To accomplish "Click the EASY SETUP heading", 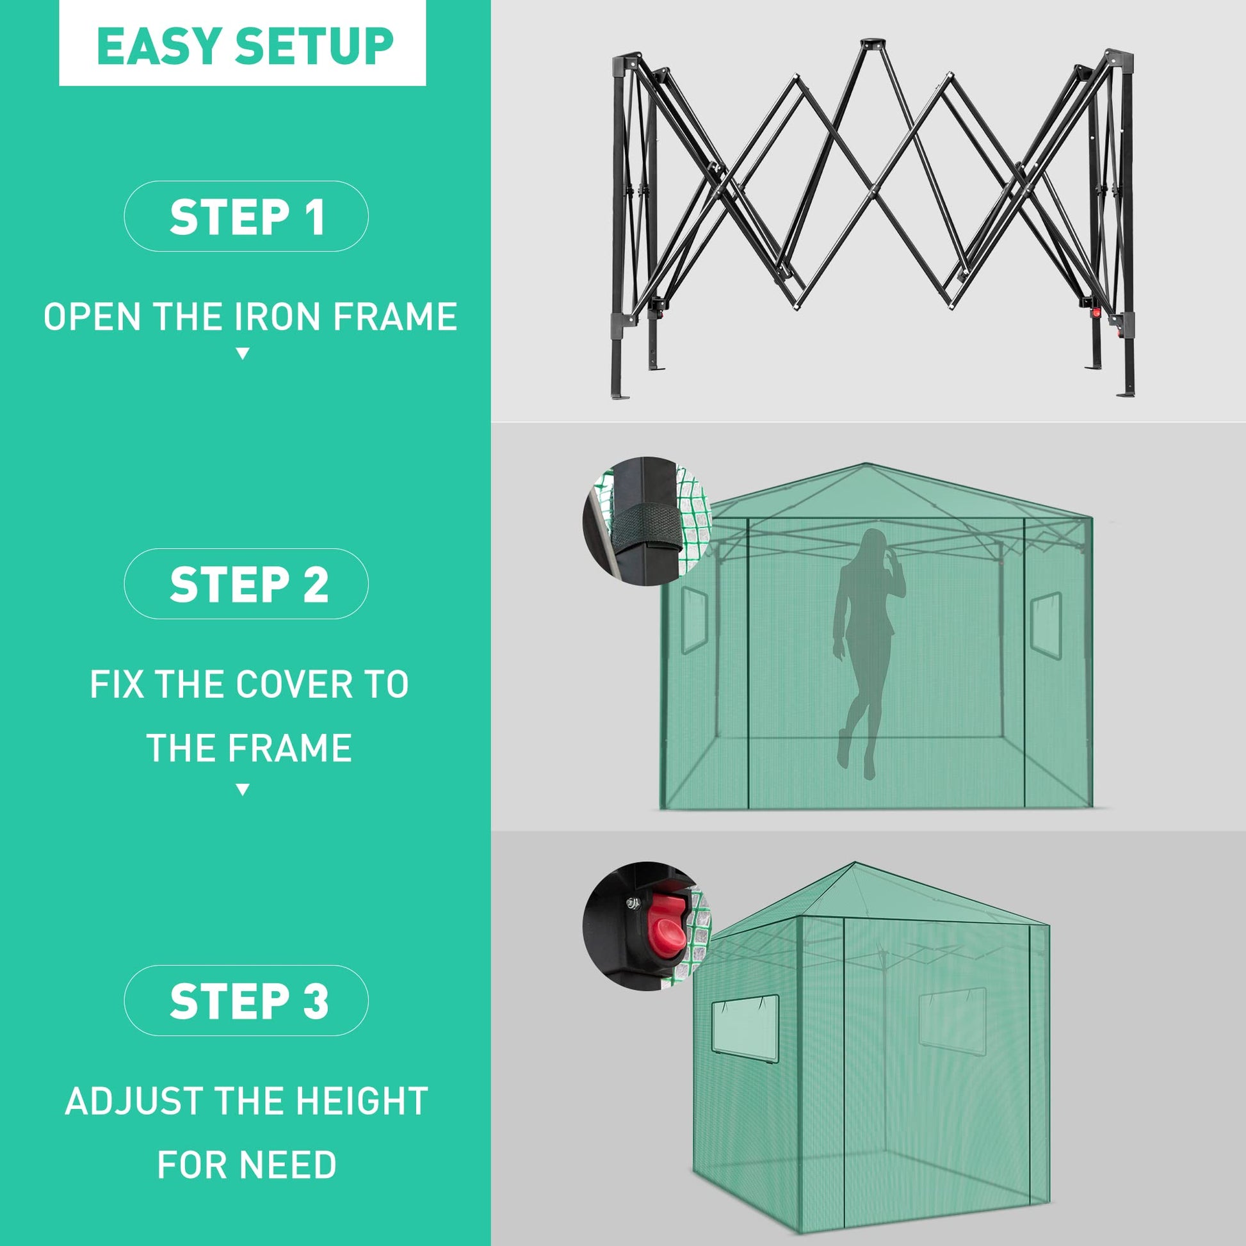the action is click(x=245, y=46).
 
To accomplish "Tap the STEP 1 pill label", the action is click(x=247, y=216).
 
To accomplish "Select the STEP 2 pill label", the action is click(x=247, y=585).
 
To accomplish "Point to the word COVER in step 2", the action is click(x=295, y=684).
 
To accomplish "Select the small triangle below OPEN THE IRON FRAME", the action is click(x=243, y=353).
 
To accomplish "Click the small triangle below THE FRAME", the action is click(x=243, y=789).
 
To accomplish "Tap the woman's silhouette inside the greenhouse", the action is click(x=870, y=651).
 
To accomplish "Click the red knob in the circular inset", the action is click(x=665, y=926).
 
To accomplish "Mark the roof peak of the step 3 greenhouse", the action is click(x=855, y=863).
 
